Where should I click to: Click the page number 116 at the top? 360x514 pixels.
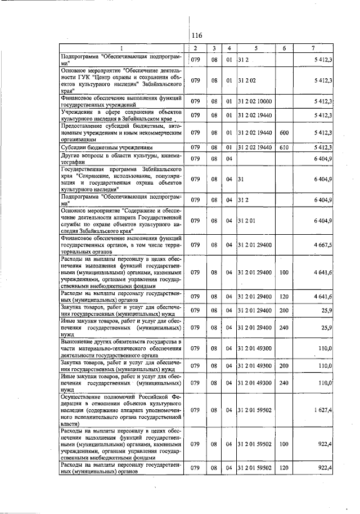pos(196,35)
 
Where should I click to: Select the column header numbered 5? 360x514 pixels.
pos(255,47)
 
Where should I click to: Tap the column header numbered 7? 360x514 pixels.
pos(312,47)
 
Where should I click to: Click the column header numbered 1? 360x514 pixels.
pos(122,47)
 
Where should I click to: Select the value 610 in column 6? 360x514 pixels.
pos(284,148)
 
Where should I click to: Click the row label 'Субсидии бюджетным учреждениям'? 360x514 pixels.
pos(102,148)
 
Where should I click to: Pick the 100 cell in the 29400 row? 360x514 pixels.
pos(284,272)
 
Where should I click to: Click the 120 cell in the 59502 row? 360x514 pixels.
pos(284,468)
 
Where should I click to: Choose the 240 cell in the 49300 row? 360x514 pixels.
pos(284,382)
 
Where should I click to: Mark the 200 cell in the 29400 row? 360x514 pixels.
pos(284,310)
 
